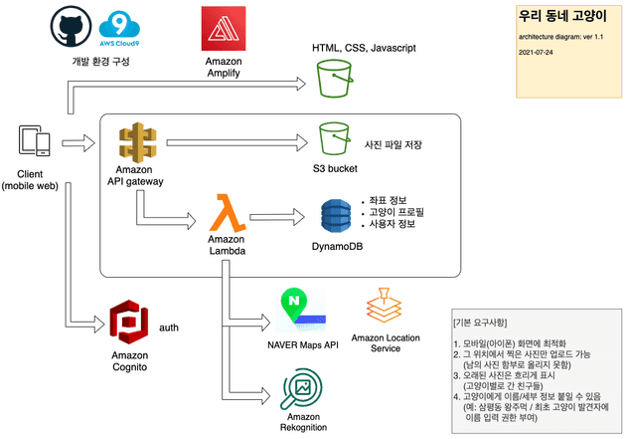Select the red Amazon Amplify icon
pyautogui.click(x=223, y=29)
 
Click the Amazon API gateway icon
pyautogui.click(x=136, y=143)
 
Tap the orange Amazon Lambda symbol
pyautogui.click(x=229, y=213)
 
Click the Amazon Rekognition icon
pyautogui.click(x=303, y=388)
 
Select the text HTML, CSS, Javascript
pyautogui.click(x=364, y=47)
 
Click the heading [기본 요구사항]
pyautogui.click(x=487, y=322)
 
